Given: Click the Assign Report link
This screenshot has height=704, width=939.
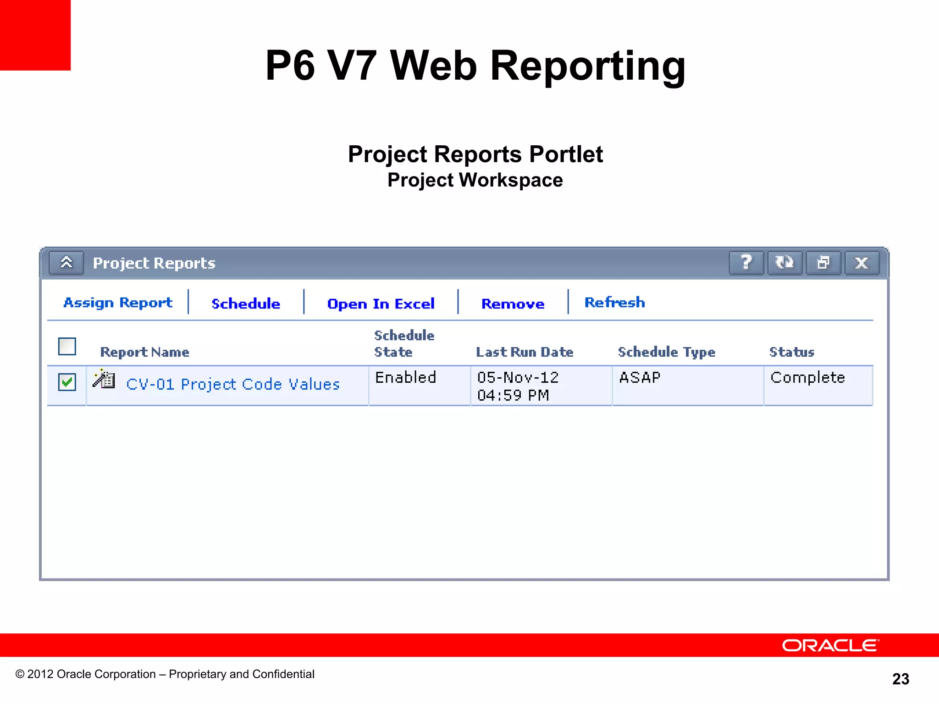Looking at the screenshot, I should pos(118,302).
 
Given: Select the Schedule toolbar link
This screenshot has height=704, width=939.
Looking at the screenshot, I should pos(246,303).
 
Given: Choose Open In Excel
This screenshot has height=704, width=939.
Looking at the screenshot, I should pos(381,303).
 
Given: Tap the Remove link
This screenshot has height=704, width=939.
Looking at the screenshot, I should pos(513,303).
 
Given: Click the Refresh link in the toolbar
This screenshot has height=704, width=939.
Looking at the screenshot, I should pos(614,302).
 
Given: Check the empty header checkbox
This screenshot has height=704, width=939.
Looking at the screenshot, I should pos(67,346).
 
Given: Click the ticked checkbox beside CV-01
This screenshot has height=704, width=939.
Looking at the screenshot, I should pos(67,382).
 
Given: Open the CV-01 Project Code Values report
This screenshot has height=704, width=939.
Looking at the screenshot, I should pos(232,384).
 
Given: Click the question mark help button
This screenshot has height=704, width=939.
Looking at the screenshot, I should pos(746,263).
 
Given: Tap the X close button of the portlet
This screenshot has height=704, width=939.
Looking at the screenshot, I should pos(862,263).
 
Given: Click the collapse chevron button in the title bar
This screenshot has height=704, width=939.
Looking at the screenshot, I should pos(66,263).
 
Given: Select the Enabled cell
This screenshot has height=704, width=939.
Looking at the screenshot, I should pos(405,378).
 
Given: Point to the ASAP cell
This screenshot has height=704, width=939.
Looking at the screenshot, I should pos(640,378).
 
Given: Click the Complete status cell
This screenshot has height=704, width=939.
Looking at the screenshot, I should pos(807,378).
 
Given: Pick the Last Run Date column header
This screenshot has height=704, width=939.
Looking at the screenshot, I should pos(525,352).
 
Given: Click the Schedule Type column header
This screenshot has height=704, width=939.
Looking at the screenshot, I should pos(666,352).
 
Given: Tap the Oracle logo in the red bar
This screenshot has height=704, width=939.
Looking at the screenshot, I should pos(830,645).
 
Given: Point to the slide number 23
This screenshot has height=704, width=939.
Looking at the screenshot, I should pos(900,679).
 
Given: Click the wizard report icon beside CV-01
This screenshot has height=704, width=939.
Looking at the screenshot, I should pos(104,379).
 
